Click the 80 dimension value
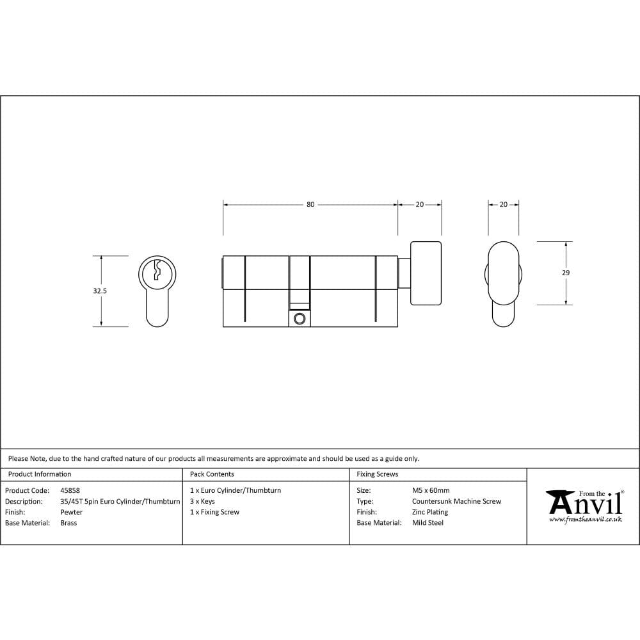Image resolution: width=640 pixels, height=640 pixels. [x=310, y=205]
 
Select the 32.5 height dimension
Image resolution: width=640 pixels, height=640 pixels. [x=100, y=291]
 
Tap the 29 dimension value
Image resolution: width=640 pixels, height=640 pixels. [x=565, y=273]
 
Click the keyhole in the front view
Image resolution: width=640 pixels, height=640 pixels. [x=156, y=271]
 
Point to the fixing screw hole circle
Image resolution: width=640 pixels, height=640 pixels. [x=299, y=318]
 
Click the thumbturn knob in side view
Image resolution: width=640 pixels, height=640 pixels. [x=425, y=273]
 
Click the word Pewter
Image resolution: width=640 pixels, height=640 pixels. [x=71, y=512]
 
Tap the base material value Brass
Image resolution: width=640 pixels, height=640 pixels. [x=68, y=523]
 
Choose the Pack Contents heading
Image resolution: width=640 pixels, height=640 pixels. [x=212, y=474]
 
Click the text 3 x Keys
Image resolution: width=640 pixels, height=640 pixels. [x=202, y=501]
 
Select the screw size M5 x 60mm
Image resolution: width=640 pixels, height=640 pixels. [x=431, y=490]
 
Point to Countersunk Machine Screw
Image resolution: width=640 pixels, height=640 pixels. [x=456, y=501]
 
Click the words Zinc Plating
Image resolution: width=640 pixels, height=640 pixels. [x=430, y=512]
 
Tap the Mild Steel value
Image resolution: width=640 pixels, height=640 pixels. [x=428, y=523]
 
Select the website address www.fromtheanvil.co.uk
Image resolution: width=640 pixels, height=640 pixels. [x=585, y=520]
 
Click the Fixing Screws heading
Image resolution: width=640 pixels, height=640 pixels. [x=377, y=474]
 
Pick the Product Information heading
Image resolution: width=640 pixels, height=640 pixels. [x=40, y=474]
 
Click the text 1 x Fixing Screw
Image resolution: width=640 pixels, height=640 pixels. [x=214, y=512]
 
